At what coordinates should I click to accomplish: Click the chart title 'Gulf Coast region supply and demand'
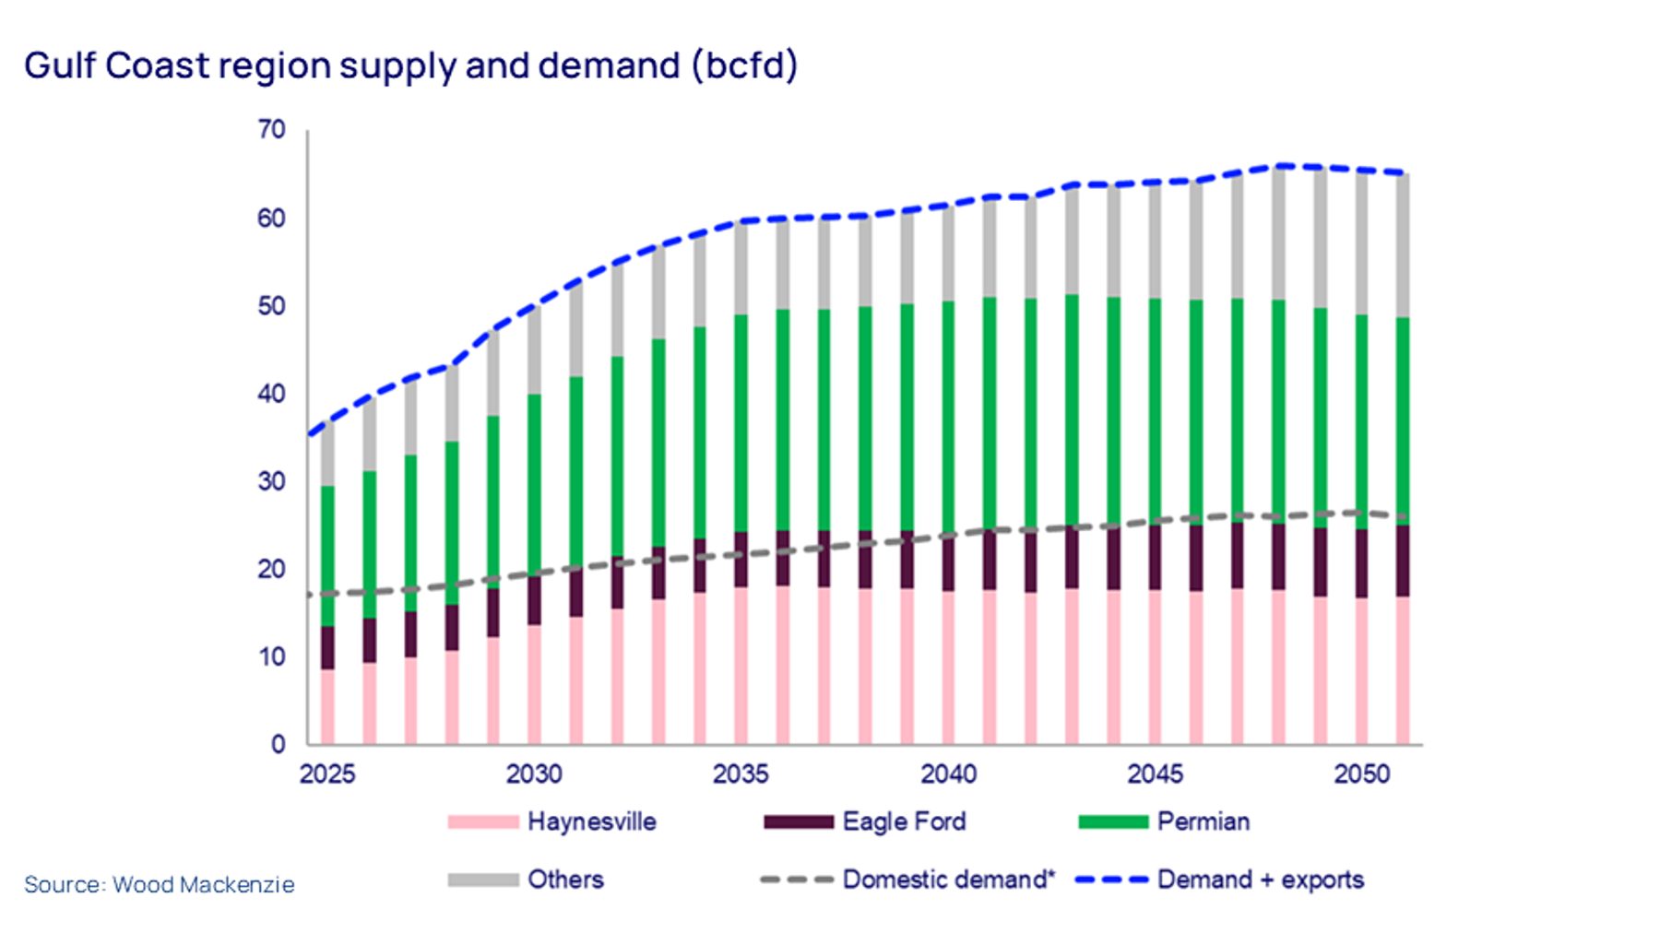[410, 66]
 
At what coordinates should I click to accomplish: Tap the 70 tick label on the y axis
[271, 130]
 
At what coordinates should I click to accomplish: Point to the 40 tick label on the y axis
[271, 394]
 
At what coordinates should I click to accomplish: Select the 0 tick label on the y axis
[278, 745]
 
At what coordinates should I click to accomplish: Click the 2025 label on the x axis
[327, 774]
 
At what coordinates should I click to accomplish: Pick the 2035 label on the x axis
[741, 774]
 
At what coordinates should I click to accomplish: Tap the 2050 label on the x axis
[1361, 774]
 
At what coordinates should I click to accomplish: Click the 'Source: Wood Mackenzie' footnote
[160, 885]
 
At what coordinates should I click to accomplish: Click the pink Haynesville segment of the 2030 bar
[534, 684]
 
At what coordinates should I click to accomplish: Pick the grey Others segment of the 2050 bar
[1361, 243]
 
